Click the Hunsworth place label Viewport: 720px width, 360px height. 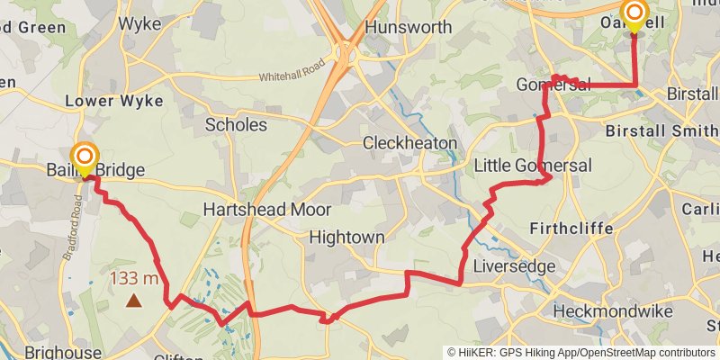409,27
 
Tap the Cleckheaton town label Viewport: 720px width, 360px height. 409,143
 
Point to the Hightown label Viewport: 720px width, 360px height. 346,238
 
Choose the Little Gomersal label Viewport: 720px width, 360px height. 533,166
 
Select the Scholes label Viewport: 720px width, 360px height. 236,124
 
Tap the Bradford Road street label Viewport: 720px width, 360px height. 75,238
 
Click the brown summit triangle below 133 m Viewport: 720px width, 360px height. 133,301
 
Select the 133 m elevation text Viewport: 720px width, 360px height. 134,278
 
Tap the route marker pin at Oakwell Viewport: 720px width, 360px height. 634,14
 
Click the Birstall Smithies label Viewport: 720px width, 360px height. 661,130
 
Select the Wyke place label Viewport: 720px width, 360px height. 139,23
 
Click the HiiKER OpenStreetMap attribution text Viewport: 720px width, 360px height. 581,352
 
